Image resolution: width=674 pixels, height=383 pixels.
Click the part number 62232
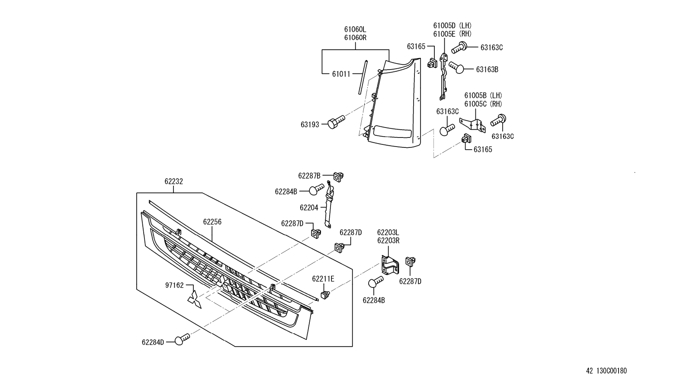coord(173,182)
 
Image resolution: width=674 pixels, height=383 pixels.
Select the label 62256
coord(212,222)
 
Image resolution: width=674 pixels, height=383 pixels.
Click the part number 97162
coord(174,285)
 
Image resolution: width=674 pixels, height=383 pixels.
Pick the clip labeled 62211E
coord(325,295)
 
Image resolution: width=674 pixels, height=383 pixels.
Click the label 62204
coord(309,208)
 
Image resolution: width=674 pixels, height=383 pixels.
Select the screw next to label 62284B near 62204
coord(317,189)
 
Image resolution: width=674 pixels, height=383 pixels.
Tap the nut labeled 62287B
coord(339,176)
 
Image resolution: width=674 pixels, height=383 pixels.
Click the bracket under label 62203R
coord(389,264)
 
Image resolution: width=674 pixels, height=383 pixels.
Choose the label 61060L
coord(355,29)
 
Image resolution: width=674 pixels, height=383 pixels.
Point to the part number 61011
coord(341,74)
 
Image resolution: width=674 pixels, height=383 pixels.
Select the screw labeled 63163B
coord(456,67)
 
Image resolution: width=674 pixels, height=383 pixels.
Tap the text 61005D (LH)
coord(453,26)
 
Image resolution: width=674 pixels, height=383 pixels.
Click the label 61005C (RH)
coord(483,104)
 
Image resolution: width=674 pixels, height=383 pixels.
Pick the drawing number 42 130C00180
coord(606,371)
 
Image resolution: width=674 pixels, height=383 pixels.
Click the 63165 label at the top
coord(416,47)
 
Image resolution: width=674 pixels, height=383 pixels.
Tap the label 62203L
coord(388,233)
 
